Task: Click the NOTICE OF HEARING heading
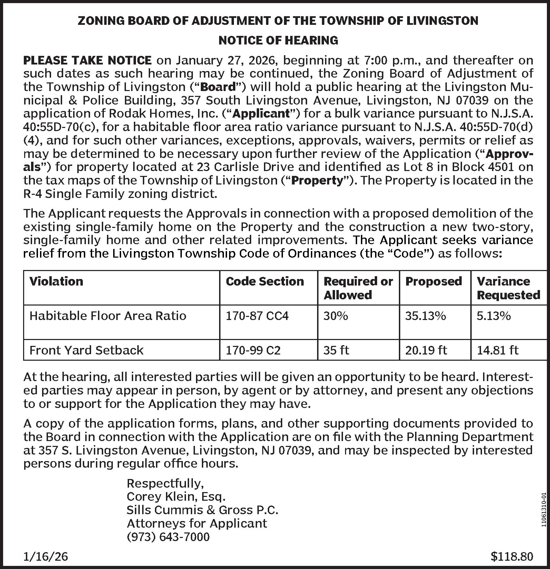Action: coord(278,40)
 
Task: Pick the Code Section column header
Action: coord(265,281)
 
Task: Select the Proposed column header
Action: coord(433,281)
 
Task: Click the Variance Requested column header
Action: coord(508,288)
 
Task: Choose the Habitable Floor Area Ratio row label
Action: coord(108,316)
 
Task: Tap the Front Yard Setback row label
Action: coord(86,350)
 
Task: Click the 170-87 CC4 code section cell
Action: coord(257,316)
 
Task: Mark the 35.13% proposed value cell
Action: coord(425,316)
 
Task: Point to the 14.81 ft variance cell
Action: coord(497,350)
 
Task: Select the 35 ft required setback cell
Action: coord(336,350)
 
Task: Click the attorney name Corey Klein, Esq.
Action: coord(176,497)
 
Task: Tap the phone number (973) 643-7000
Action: coord(168,537)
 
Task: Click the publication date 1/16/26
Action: coord(46,556)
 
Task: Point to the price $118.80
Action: coord(512,556)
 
